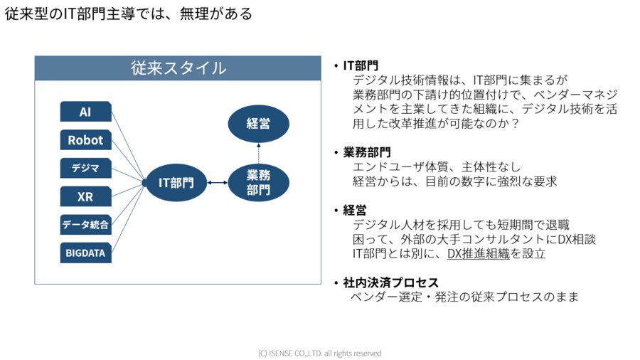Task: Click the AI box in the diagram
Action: pos(85,112)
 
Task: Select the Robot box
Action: pos(85,139)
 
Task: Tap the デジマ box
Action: pos(85,168)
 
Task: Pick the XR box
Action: pos(85,196)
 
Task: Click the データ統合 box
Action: pos(85,225)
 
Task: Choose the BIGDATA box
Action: pos(85,253)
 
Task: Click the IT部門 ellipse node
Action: pos(176,182)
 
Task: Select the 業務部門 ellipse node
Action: pos(258,182)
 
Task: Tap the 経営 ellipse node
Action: pos(258,123)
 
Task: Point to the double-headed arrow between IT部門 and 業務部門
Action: pos(217,183)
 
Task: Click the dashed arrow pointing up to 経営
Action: pos(258,152)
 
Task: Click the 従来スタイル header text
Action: pos(178,68)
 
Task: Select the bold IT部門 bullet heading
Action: pos(361,65)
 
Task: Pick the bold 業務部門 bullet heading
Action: pos(367,152)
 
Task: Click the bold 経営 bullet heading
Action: pos(355,211)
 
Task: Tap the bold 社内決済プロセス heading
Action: pos(390,282)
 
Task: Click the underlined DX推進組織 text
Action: pos(479,253)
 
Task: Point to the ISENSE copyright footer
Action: pos(320,353)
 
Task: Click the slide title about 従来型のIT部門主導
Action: pos(129,14)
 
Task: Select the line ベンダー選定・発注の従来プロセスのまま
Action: pos(465,297)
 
